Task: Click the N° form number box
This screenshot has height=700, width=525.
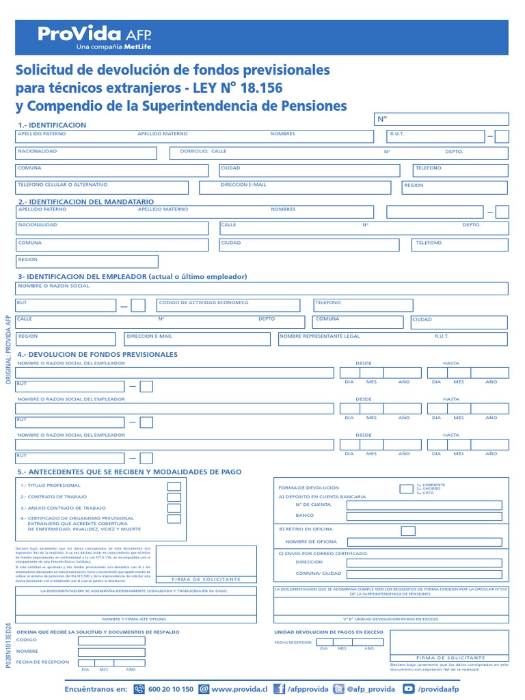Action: pyautogui.click(x=441, y=120)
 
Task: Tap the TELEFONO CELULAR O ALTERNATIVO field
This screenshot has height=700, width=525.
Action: pyautogui.click(x=103, y=187)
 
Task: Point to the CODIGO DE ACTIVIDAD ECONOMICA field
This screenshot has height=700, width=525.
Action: pyautogui.click(x=232, y=305)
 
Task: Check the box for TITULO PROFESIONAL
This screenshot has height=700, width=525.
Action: pyautogui.click(x=174, y=486)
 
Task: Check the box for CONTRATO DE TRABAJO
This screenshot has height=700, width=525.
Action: pyautogui.click(x=174, y=497)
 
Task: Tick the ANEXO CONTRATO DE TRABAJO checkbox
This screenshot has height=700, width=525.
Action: pyautogui.click(x=174, y=508)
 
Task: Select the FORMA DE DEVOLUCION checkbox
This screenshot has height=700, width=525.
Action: pyautogui.click(x=406, y=488)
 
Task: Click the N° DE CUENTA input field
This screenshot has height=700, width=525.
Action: pyautogui.click(x=427, y=506)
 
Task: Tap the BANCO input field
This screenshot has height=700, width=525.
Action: pyautogui.click(x=427, y=516)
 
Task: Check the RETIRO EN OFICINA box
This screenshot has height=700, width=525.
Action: pyautogui.click(x=408, y=530)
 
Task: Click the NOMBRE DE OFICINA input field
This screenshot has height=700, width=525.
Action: pyautogui.click(x=427, y=542)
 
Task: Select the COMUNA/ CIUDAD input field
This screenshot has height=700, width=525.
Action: pyautogui.click(x=427, y=574)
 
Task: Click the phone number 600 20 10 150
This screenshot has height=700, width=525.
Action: pyautogui.click(x=170, y=689)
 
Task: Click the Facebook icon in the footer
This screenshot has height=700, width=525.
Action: pyautogui.click(x=279, y=689)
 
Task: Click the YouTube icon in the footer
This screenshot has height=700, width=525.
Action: pyautogui.click(x=409, y=689)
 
